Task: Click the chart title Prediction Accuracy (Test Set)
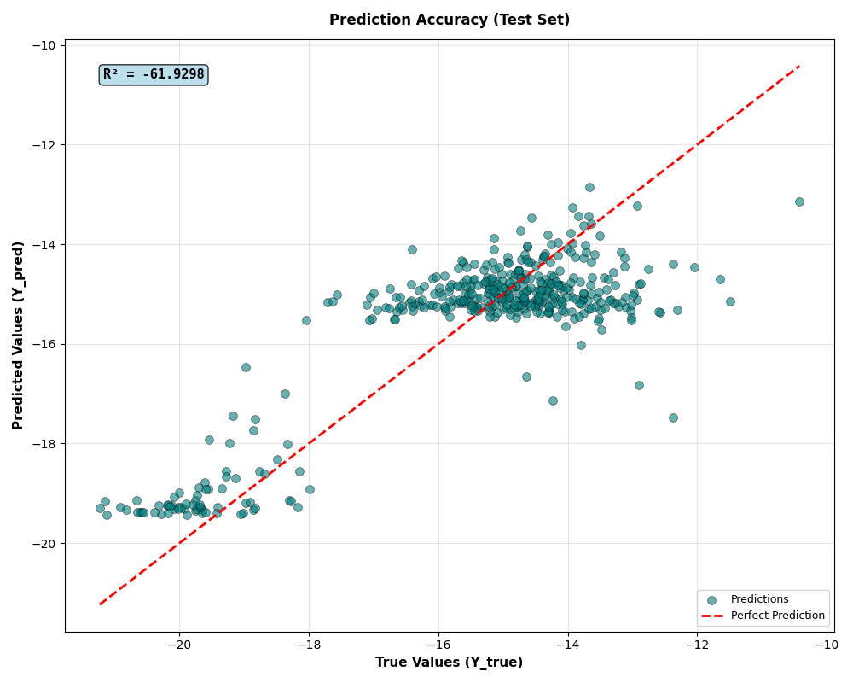[450, 20]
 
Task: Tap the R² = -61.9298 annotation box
[154, 75]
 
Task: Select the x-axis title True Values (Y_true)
[450, 663]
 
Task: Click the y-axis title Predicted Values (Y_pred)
[19, 335]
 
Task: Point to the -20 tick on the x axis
[179, 645]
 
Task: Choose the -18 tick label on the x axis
[309, 645]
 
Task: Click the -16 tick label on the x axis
[438, 645]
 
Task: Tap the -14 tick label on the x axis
[568, 645]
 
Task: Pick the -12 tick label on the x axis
[698, 645]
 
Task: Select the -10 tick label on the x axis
[827, 645]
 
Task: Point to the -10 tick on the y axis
[44, 45]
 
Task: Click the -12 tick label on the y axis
[44, 145]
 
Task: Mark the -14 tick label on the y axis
[44, 245]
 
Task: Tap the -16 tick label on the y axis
[44, 344]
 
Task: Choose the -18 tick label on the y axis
[44, 444]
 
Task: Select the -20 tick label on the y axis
[44, 544]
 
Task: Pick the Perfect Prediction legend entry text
[777, 616]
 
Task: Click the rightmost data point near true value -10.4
[799, 201]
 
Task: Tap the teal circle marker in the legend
[715, 599]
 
